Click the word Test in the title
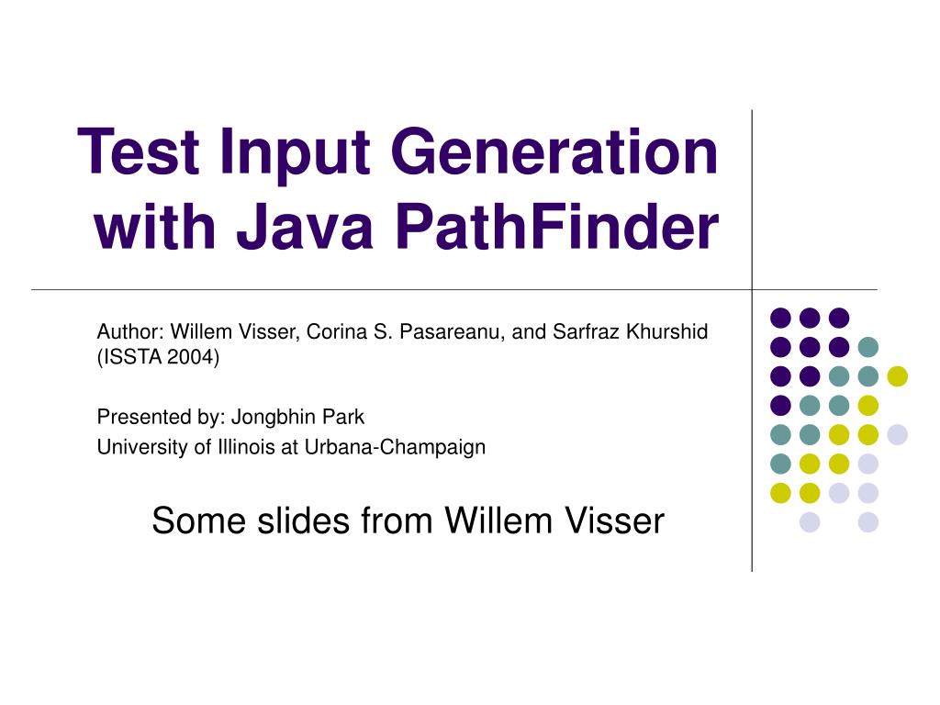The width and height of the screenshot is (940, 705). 140,153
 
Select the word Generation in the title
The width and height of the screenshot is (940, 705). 554,153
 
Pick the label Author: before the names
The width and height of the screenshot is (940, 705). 130,331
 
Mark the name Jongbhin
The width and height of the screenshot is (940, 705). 274,417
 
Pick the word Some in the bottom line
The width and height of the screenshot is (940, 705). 187,520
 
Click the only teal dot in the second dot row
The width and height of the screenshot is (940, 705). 867,347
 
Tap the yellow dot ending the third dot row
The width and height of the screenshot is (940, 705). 897,375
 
